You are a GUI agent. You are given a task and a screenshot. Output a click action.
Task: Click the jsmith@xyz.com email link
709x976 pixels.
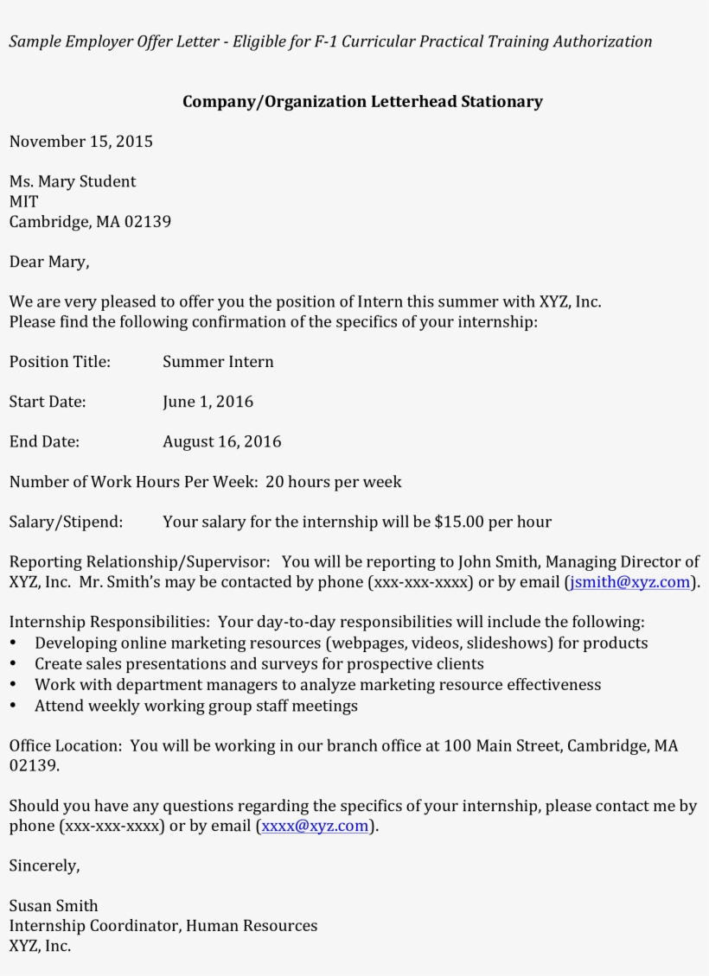[x=630, y=582]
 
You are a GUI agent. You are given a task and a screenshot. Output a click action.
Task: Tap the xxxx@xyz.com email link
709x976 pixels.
[x=315, y=827]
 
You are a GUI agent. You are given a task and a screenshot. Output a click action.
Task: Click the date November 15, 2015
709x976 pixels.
[x=80, y=142]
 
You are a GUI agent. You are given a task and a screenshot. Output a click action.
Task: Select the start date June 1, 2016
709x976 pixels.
[x=208, y=402]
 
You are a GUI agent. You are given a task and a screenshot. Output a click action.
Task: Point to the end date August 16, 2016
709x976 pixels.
[x=221, y=442]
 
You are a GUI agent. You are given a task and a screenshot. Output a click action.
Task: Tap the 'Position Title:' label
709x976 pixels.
[x=60, y=362]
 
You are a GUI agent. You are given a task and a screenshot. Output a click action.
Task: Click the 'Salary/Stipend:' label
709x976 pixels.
[x=66, y=522]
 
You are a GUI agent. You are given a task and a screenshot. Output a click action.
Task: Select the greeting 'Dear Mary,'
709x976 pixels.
[x=49, y=262]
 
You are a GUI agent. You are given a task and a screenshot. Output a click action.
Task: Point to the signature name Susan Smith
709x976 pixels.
[x=54, y=906]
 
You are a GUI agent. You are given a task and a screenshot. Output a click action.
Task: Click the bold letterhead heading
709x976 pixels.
[x=362, y=102]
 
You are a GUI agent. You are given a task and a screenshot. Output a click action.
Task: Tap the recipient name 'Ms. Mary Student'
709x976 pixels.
[x=73, y=181]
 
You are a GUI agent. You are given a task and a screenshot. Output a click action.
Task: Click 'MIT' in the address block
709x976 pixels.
[x=24, y=201]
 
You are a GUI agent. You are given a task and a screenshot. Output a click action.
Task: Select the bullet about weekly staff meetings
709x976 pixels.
[x=195, y=706]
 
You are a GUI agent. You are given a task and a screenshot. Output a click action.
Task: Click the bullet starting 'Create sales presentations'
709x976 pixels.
[x=259, y=664]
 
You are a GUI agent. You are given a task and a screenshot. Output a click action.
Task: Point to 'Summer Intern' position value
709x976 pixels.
[x=218, y=362]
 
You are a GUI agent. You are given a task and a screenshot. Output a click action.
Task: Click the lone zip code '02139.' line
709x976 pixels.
[x=34, y=766]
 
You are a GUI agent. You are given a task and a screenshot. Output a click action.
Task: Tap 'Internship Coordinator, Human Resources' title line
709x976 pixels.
[x=163, y=926]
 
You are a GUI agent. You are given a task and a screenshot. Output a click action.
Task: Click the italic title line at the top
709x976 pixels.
[x=330, y=41]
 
